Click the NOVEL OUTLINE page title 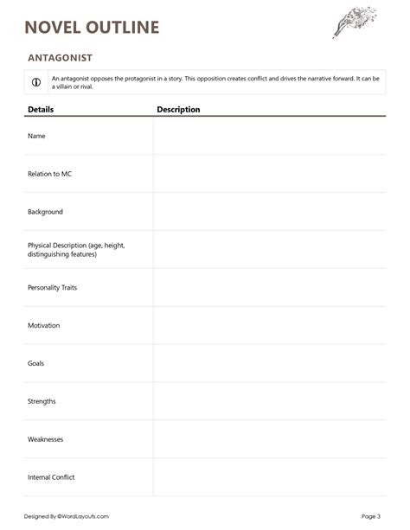point(93,28)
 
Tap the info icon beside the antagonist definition point(36,82)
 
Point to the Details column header point(41,110)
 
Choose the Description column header point(178,110)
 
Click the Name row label point(36,136)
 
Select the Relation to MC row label point(49,174)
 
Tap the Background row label point(45,212)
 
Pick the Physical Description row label point(76,250)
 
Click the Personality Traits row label point(53,287)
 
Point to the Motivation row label point(44,325)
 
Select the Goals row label point(36,363)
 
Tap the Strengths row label point(43,401)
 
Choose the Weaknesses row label point(46,439)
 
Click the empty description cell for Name point(269,136)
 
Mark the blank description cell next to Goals point(269,363)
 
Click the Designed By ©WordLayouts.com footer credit point(67,516)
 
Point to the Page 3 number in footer point(370,516)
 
